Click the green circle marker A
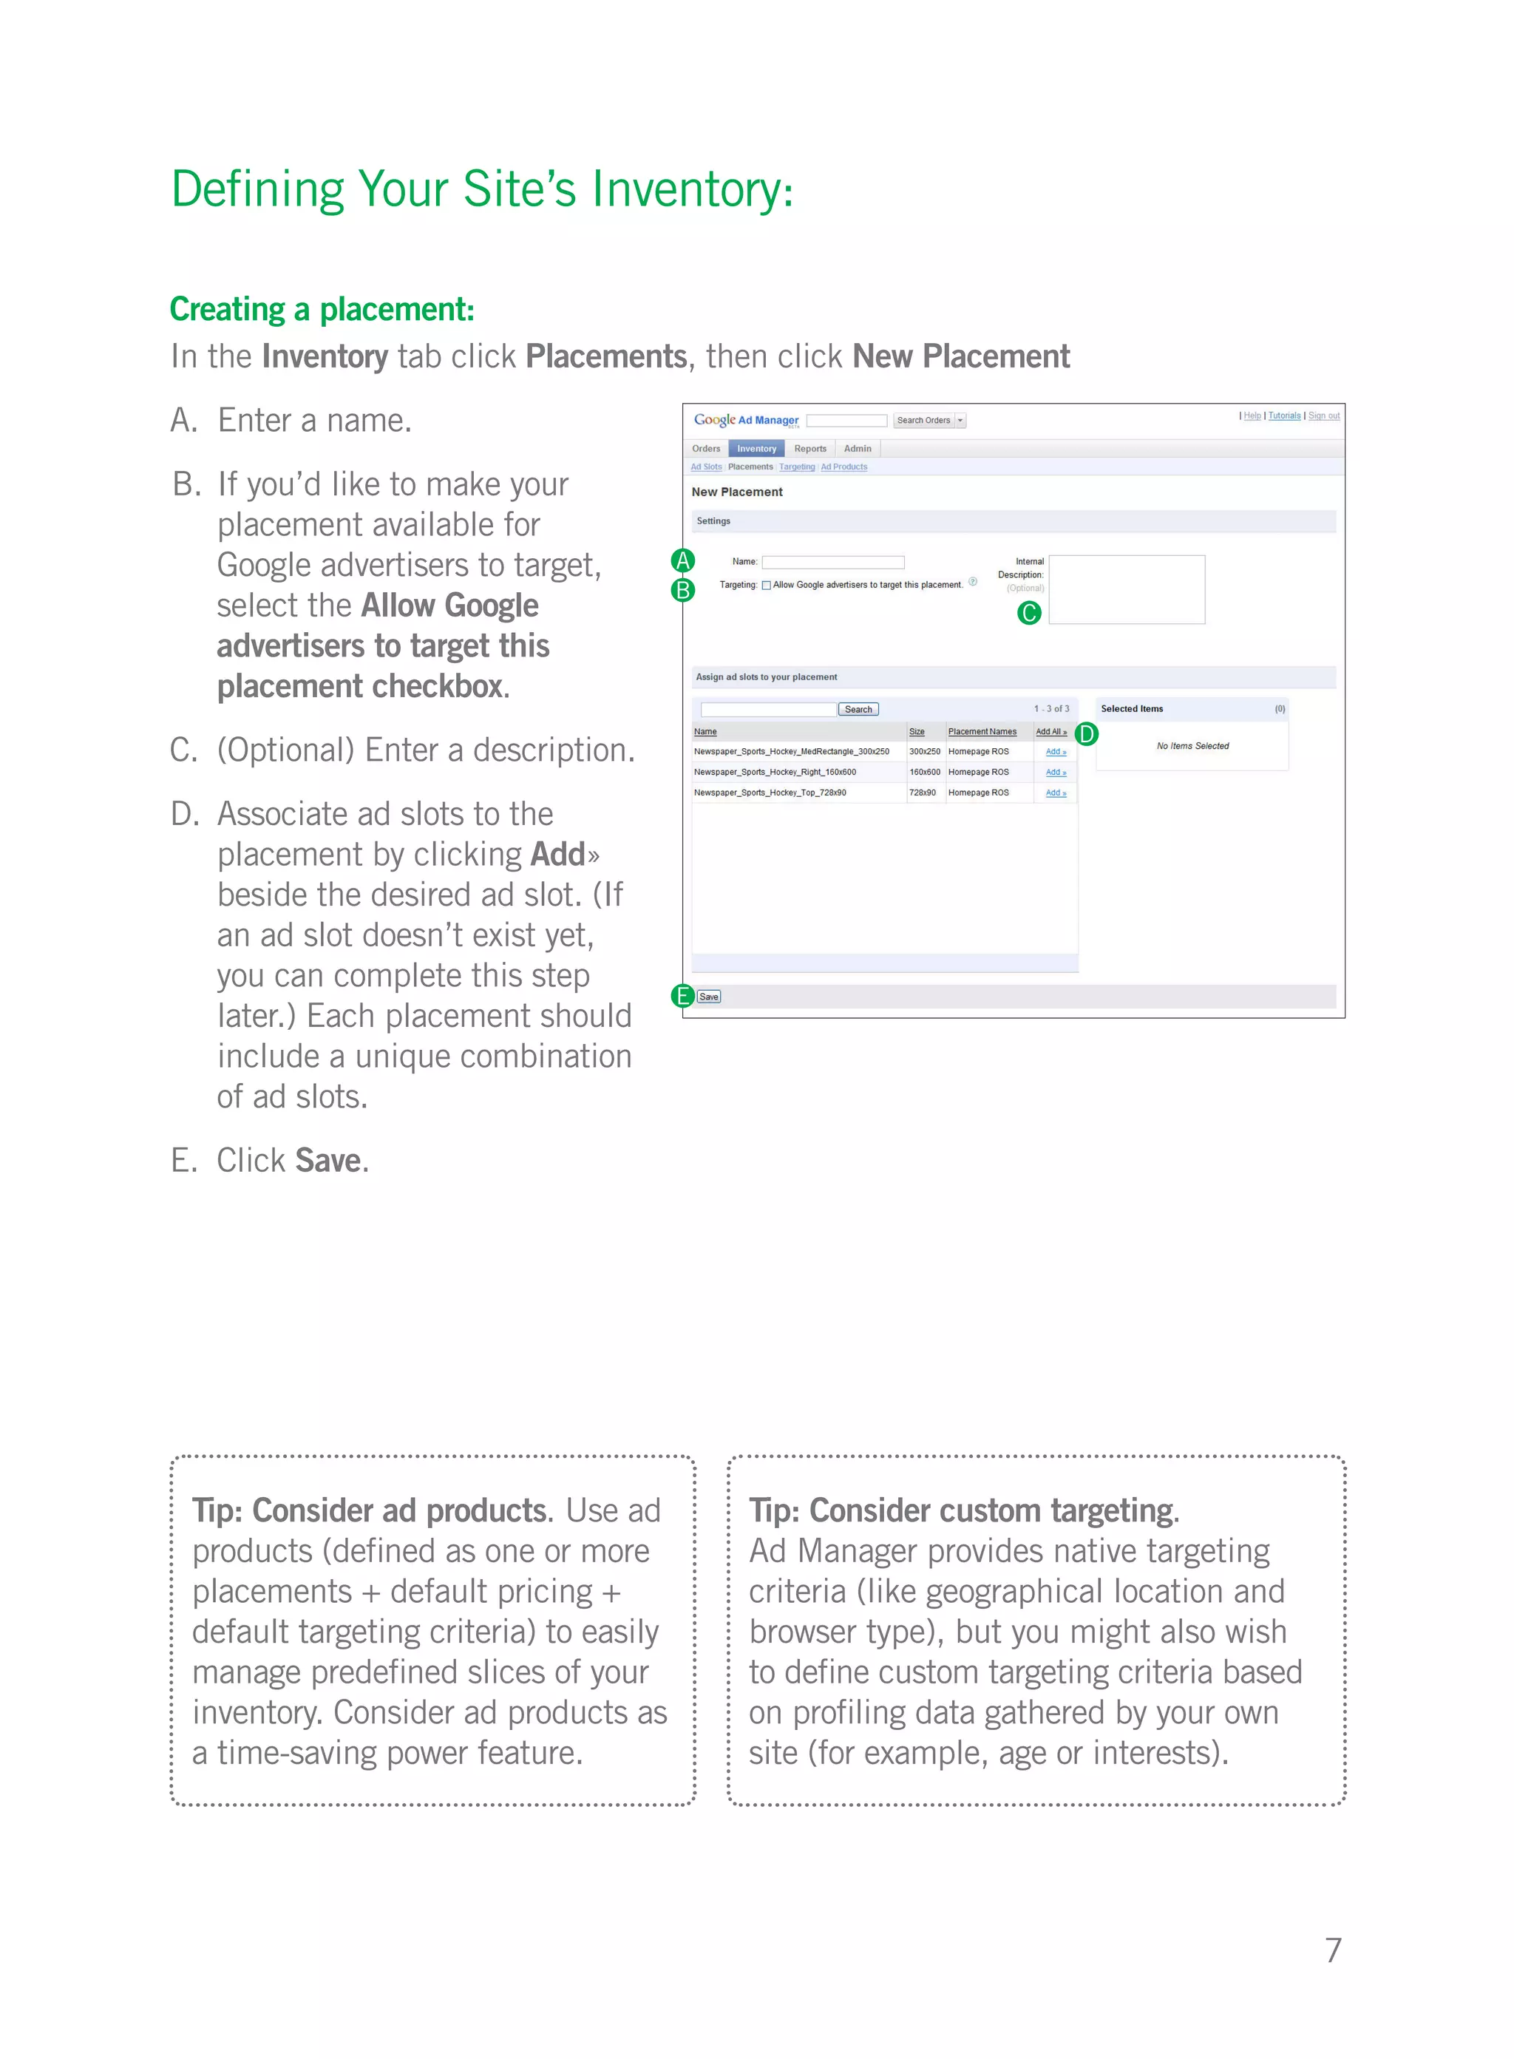(683, 560)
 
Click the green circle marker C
(1029, 612)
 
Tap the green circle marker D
(1086, 734)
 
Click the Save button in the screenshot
(708, 996)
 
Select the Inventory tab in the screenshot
(756, 448)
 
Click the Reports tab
(810, 448)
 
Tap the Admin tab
(857, 448)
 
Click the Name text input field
(833, 562)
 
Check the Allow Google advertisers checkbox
(766, 586)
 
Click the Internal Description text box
(1127, 589)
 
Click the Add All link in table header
(1050, 731)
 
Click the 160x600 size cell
(924, 772)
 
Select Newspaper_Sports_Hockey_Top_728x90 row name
(770, 793)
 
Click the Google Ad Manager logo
(746, 420)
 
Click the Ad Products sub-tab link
(843, 467)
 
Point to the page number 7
(1333, 1949)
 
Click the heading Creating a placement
(322, 309)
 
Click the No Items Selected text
(1192, 746)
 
